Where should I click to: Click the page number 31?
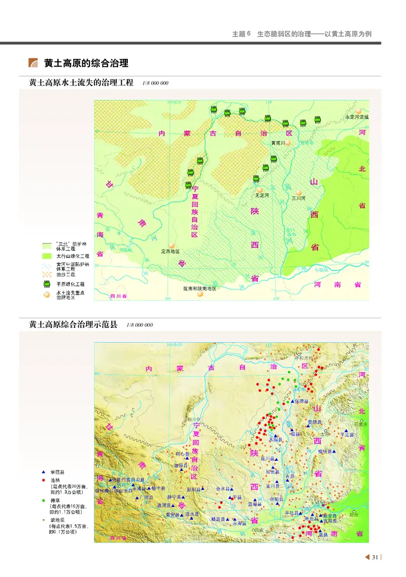pos(375,557)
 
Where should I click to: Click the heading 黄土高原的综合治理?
pos(86,63)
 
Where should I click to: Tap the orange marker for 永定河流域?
pos(359,110)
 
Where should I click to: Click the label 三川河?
pos(298,199)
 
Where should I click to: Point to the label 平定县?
pos(349,435)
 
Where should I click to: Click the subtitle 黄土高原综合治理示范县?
pos(73,324)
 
